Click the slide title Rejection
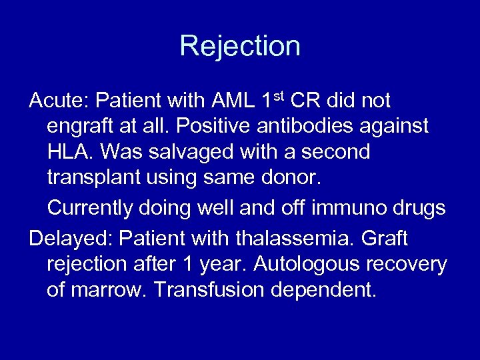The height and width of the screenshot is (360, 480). click(240, 46)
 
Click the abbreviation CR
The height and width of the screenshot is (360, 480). click(305, 101)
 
